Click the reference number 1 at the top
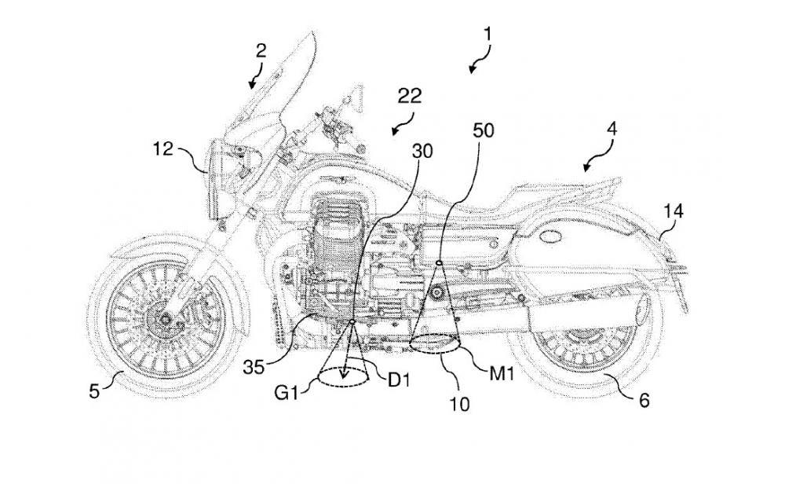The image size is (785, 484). point(487,35)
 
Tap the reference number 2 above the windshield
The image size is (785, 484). point(261,52)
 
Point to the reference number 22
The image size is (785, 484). point(410,97)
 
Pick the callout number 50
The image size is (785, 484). point(484,130)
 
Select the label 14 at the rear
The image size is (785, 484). point(674,211)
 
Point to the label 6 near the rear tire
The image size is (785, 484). point(644,400)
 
